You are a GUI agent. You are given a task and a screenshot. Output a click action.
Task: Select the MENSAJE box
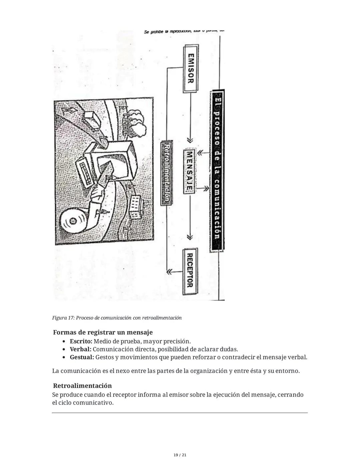[189, 171]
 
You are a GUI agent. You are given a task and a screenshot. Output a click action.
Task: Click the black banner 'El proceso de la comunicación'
[217, 171]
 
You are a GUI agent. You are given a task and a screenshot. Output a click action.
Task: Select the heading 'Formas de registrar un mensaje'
[103, 333]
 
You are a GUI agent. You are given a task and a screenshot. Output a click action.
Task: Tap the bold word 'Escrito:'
[81, 341]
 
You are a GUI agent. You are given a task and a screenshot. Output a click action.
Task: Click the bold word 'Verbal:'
[80, 349]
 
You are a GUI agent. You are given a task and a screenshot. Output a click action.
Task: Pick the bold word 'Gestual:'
[82, 357]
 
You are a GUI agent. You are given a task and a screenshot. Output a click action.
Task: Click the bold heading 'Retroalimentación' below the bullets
[82, 386]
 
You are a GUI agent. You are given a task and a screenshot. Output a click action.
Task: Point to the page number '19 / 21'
[180, 455]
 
